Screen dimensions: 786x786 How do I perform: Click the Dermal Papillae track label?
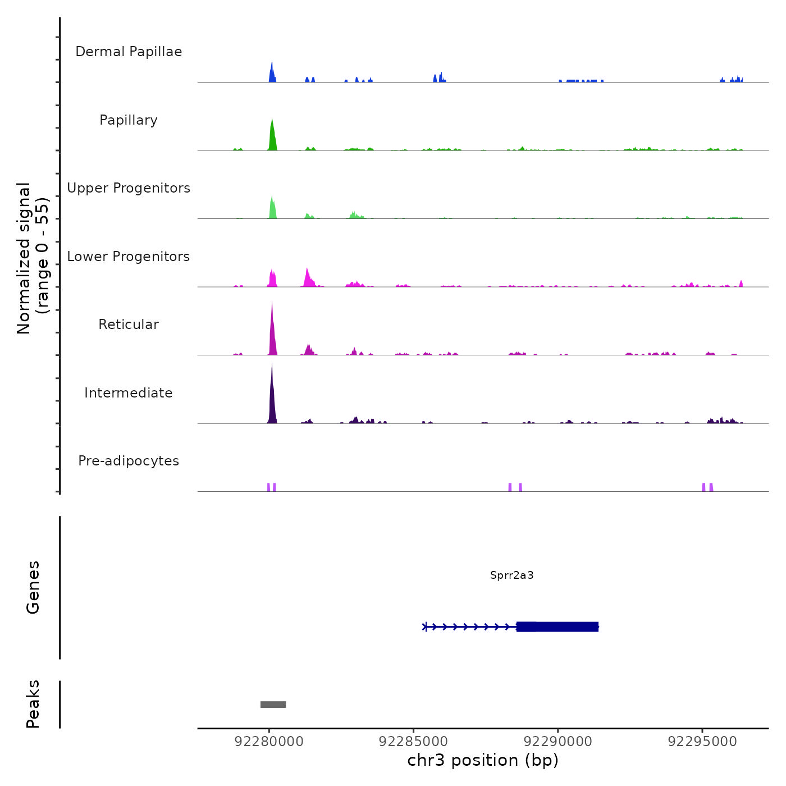pos(129,52)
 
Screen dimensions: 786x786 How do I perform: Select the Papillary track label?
pos(129,120)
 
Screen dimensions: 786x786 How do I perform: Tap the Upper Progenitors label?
pos(129,188)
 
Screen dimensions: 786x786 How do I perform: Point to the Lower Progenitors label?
pos(129,257)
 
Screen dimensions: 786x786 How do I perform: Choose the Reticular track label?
pos(129,325)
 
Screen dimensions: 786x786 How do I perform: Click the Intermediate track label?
pos(129,393)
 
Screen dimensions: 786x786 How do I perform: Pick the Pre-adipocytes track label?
pos(129,461)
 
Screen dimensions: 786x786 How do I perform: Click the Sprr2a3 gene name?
pos(511,575)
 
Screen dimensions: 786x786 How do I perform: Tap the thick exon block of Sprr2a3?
pos(557,627)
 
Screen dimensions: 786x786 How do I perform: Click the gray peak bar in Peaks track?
pos(273,705)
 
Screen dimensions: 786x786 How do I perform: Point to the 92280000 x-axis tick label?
pos(269,742)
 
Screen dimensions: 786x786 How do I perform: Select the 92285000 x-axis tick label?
pos(413,742)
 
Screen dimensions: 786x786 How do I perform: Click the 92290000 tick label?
pos(557,742)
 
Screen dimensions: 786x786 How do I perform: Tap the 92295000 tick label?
pos(702,742)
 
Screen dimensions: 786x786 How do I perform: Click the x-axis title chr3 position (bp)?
pos(483,761)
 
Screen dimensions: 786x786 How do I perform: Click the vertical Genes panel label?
pos(33,587)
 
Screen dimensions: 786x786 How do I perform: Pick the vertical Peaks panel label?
pos(33,704)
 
